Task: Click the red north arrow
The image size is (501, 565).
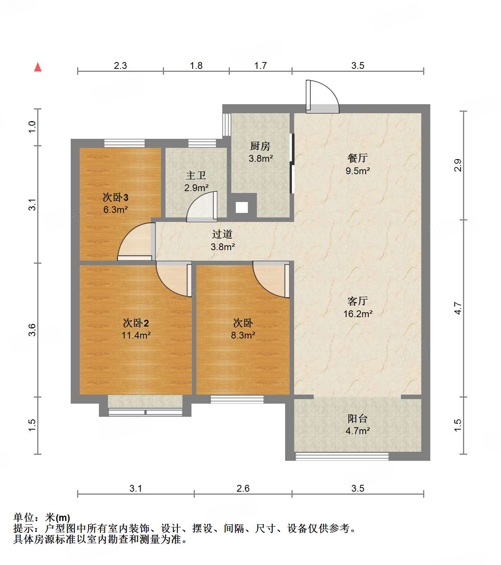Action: pyautogui.click(x=38, y=67)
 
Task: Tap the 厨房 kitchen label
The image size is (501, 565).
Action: pyautogui.click(x=260, y=146)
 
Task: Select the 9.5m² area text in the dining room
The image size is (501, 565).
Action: pyautogui.click(x=358, y=171)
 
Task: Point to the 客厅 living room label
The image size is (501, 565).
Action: pyautogui.click(x=357, y=301)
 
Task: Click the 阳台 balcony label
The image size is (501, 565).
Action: pyautogui.click(x=357, y=418)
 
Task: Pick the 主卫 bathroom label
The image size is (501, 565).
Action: pyautogui.click(x=196, y=175)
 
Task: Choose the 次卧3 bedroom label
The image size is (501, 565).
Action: pyautogui.click(x=115, y=197)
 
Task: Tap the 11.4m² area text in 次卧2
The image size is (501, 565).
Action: pyautogui.click(x=136, y=335)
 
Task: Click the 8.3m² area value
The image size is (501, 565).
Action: pyautogui.click(x=243, y=335)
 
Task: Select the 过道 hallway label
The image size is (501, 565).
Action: pyautogui.click(x=222, y=234)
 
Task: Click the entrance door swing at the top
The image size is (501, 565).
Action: pyautogui.click(x=323, y=97)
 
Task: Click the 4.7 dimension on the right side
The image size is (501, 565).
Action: pyautogui.click(x=458, y=308)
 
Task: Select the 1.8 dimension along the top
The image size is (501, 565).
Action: pyautogui.click(x=196, y=66)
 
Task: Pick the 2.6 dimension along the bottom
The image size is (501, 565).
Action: pyautogui.click(x=243, y=488)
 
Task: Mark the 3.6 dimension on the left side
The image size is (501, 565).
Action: pyautogui.click(x=32, y=330)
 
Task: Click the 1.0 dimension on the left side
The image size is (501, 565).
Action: pyautogui.click(x=32, y=126)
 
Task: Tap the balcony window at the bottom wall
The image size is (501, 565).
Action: pyautogui.click(x=342, y=457)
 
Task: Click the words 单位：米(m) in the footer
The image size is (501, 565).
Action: pyautogui.click(x=42, y=518)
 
